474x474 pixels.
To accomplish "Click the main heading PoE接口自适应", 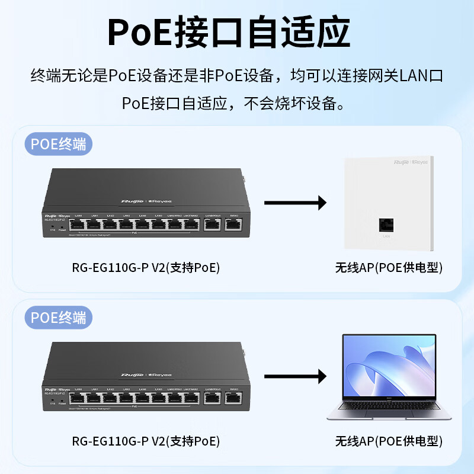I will pyautogui.click(x=237, y=34).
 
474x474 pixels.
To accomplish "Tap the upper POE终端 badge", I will pyautogui.click(x=59, y=145).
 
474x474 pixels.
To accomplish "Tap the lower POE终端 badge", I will pyautogui.click(x=59, y=317).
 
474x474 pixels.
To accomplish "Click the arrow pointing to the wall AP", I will pyautogui.click(x=295, y=203).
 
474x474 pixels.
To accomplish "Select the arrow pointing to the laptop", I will pyautogui.click(x=295, y=376).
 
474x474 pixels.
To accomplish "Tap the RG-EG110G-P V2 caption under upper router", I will pyautogui.click(x=146, y=268).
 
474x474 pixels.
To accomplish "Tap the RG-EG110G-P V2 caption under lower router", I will pyautogui.click(x=146, y=441).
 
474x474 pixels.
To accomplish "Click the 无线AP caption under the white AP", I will pyautogui.click(x=389, y=268).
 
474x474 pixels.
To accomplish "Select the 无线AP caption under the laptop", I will pyautogui.click(x=389, y=441).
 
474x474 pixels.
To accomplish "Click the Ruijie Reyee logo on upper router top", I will pyautogui.click(x=146, y=201).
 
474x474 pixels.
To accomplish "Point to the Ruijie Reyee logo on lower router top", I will pyautogui.click(x=146, y=375).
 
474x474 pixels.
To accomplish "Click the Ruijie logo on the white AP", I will pyautogui.click(x=411, y=161).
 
